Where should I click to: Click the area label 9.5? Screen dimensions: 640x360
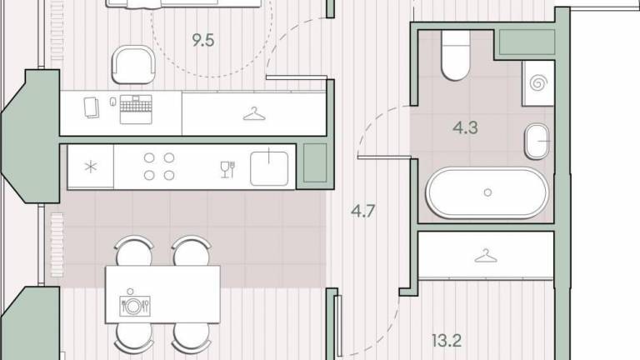pos(203,40)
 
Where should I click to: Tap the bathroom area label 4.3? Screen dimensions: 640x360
pos(465,127)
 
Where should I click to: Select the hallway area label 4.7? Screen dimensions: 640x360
pos(362,211)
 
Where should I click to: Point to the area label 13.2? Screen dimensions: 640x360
pos(447,340)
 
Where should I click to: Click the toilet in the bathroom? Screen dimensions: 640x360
pos(456,56)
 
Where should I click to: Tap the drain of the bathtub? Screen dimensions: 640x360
pos(487,192)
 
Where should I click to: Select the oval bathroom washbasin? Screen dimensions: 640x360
pos(537,141)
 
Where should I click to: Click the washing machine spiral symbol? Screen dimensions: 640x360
pos(538,83)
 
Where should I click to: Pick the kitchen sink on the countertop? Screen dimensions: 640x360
pos(269,167)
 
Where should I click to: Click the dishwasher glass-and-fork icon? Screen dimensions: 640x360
pos(227,169)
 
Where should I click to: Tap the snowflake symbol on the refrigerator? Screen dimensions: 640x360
pos(91,167)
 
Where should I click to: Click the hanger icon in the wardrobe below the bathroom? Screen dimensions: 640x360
pos(485,256)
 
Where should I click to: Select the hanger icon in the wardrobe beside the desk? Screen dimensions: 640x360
pos(254,114)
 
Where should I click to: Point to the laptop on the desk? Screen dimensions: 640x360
pos(136,109)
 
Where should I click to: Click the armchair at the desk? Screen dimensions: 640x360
pos(133,64)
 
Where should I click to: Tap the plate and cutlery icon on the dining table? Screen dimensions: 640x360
pos(135,304)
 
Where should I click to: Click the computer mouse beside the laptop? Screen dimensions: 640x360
pos(113,102)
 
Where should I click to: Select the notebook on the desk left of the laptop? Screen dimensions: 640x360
pos(92,107)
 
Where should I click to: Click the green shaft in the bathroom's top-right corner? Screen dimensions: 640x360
pos(527,42)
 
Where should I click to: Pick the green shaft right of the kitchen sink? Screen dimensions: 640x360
pos(315,162)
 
